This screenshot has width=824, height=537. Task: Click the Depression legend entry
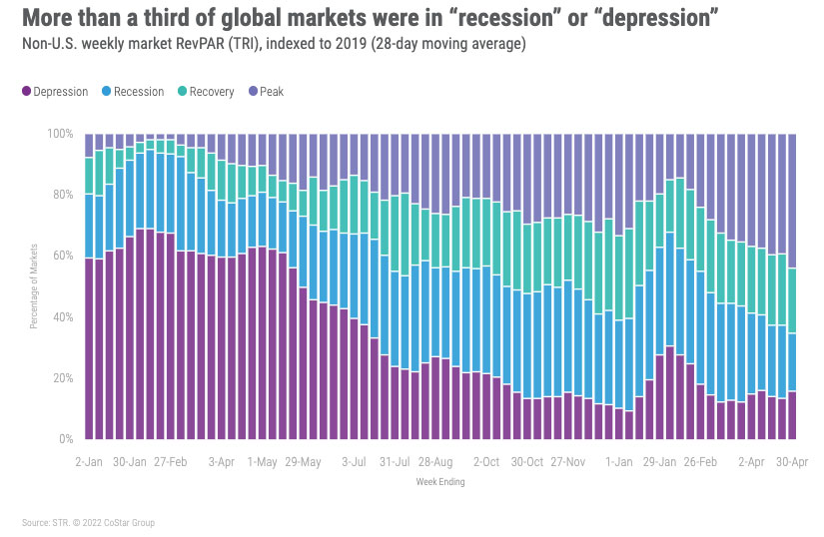pyautogui.click(x=55, y=92)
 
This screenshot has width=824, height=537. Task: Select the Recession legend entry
pyautogui.click(x=132, y=92)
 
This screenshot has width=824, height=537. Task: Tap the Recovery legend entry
pyautogui.click(x=206, y=92)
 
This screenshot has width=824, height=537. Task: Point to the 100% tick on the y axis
pyautogui.click(x=61, y=134)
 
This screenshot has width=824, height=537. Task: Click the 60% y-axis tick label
pyautogui.click(x=63, y=257)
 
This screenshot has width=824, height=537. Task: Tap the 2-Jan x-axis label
pyautogui.click(x=89, y=463)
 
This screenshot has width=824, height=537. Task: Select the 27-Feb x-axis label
pyautogui.click(x=170, y=463)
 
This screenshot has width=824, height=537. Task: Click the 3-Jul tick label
pyautogui.click(x=356, y=463)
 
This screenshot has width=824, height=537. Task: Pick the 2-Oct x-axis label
pyautogui.click(x=486, y=463)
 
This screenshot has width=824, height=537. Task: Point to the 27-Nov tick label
pyautogui.click(x=568, y=463)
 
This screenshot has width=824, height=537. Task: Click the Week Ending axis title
pyautogui.click(x=439, y=482)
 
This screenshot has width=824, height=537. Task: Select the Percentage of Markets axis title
pyautogui.click(x=33, y=286)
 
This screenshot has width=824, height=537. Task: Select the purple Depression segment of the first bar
pyautogui.click(x=89, y=348)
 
